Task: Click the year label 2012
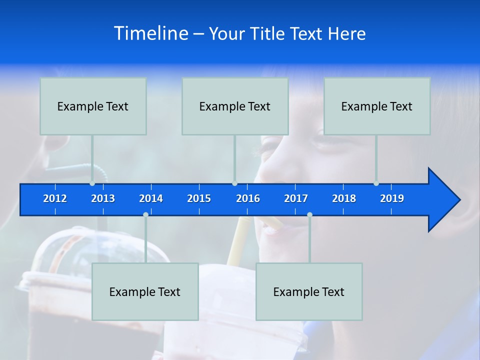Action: (55, 198)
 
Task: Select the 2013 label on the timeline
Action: (103, 198)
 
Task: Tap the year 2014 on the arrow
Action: (151, 198)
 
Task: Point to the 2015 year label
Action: (199, 198)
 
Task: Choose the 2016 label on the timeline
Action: (248, 198)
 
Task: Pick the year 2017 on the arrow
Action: (296, 198)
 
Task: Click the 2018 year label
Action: (344, 198)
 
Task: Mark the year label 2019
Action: (392, 198)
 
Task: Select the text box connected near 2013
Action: (93, 106)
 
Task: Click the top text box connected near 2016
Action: (235, 106)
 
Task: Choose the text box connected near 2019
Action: (377, 106)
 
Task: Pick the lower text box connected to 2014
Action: (145, 291)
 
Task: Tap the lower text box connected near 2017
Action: (309, 291)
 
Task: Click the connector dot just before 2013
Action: (92, 183)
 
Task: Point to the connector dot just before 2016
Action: (235, 183)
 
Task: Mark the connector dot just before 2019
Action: (376, 183)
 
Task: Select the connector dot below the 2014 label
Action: (145, 215)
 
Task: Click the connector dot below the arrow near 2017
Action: (309, 215)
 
